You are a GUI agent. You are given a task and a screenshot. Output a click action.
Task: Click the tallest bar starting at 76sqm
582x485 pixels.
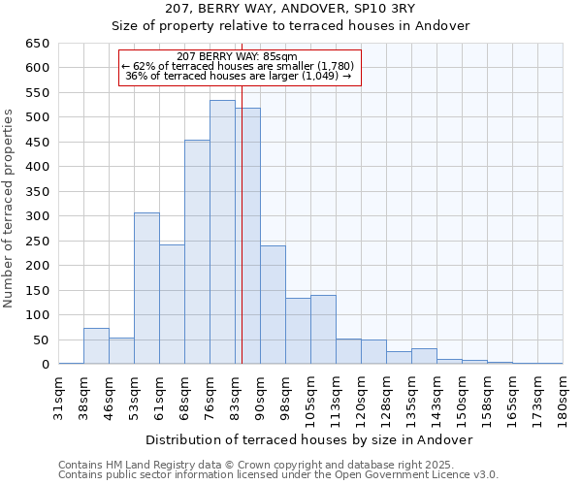tap(222, 232)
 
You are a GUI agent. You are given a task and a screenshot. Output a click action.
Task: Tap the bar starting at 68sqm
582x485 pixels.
tap(197, 252)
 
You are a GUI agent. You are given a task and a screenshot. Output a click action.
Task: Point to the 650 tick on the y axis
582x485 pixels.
tap(37, 44)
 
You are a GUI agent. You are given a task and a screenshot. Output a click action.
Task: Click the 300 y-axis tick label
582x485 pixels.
tap(37, 216)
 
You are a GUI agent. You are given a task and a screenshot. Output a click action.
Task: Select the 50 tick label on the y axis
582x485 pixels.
tap(40, 340)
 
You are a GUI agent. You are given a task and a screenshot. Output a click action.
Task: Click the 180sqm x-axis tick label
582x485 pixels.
tap(563, 396)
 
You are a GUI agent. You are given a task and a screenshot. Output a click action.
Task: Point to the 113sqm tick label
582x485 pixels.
tap(336, 396)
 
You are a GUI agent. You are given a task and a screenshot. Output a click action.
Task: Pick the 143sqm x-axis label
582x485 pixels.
tap(436, 396)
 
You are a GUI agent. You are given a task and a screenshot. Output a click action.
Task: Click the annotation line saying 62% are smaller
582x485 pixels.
tap(239, 66)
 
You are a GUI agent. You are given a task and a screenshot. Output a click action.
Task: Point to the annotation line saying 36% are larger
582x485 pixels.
tap(239, 76)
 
